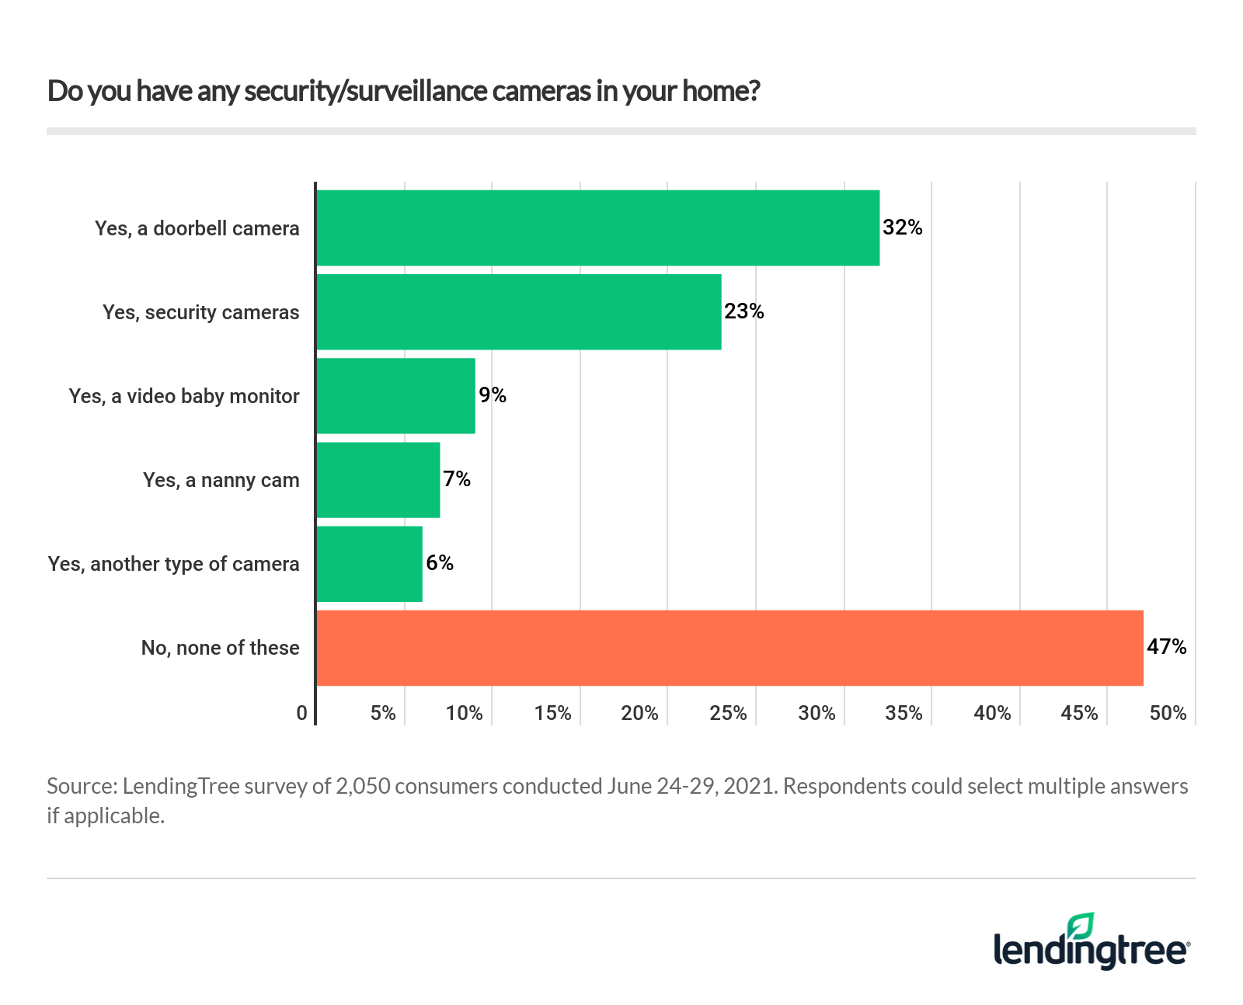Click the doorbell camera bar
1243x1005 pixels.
click(x=597, y=228)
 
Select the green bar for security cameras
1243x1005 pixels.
click(x=518, y=311)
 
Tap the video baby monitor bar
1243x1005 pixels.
click(x=395, y=395)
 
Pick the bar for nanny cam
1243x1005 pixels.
click(x=378, y=479)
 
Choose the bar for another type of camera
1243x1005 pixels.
click(x=369, y=563)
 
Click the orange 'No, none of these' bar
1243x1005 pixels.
click(x=729, y=648)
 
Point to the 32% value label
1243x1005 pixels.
click(x=902, y=228)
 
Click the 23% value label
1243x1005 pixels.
click(x=743, y=311)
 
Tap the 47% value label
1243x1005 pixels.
click(x=1166, y=647)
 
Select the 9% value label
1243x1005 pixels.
click(x=493, y=395)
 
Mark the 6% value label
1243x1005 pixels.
click(x=440, y=563)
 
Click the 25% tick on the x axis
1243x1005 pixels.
click(x=728, y=713)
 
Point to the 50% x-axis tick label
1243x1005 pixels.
click(x=1168, y=713)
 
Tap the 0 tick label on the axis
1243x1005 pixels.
click(x=302, y=713)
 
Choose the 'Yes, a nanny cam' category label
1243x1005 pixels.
click(x=221, y=480)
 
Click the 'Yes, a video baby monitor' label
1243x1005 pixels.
click(x=184, y=396)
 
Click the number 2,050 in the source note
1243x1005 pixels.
click(x=364, y=786)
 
